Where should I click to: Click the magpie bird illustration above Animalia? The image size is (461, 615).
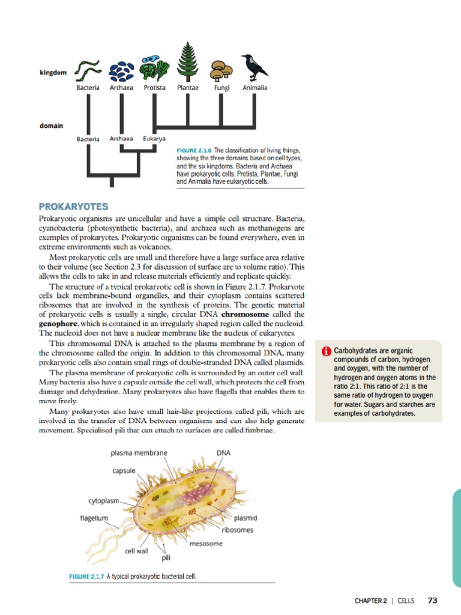click(x=255, y=67)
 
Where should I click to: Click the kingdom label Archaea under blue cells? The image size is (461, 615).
click(x=121, y=88)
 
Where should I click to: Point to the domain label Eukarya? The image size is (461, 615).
click(x=154, y=139)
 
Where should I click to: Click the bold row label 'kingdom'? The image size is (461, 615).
click(x=53, y=73)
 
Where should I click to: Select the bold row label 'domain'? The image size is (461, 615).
click(x=52, y=126)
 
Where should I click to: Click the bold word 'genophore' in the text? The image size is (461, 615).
click(x=61, y=324)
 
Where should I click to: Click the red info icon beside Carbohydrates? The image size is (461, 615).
click(x=327, y=351)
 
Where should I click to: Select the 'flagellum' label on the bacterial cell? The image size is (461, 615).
click(x=94, y=517)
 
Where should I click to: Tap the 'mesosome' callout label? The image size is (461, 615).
click(x=206, y=544)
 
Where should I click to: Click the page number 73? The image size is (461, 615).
click(x=433, y=600)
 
